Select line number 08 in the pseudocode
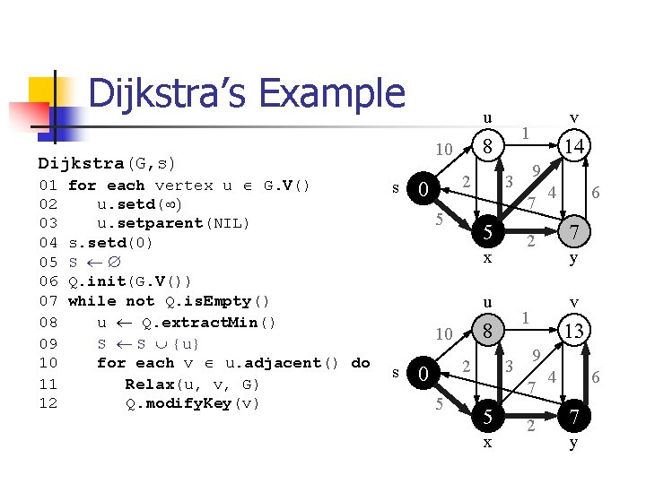(48, 323)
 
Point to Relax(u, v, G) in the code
(192, 384)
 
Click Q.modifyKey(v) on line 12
(192, 402)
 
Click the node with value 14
(573, 146)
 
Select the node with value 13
(573, 331)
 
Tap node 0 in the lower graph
(423, 373)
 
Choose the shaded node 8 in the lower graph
(487, 331)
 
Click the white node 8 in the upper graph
(487, 146)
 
